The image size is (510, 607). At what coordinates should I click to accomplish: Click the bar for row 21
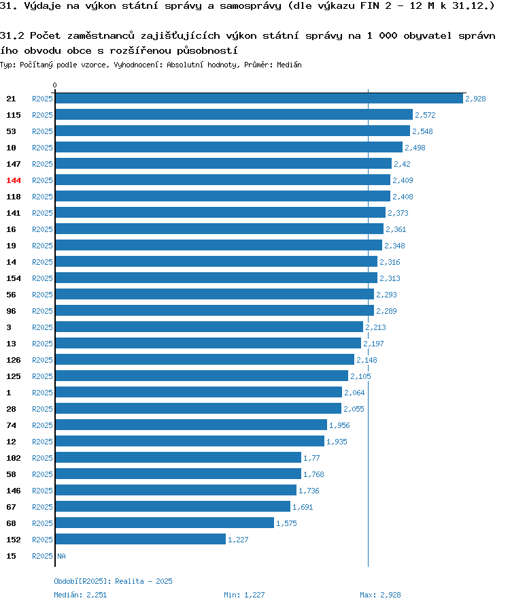pyautogui.click(x=259, y=99)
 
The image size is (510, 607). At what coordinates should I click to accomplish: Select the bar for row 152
pyautogui.click(x=141, y=539)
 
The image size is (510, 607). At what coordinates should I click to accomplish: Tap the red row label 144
pyautogui.click(x=14, y=180)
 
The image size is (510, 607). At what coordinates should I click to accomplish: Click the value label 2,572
pyautogui.click(x=425, y=115)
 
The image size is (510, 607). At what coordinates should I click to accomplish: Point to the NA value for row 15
pyautogui.click(x=61, y=556)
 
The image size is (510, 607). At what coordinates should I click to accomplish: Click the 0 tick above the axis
pyautogui.click(x=54, y=85)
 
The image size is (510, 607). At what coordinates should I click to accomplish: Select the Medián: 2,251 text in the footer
pyautogui.click(x=80, y=595)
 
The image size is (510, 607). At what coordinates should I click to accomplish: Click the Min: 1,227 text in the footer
pyautogui.click(x=244, y=595)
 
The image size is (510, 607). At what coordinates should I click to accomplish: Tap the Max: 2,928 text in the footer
pyautogui.click(x=380, y=595)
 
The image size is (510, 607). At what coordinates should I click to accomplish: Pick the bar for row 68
pyautogui.click(x=165, y=523)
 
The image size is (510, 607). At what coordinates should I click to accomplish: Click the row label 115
pyautogui.click(x=14, y=115)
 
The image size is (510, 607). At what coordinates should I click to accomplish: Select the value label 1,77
pyautogui.click(x=311, y=458)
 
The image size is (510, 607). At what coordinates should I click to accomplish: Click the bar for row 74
pyautogui.click(x=191, y=425)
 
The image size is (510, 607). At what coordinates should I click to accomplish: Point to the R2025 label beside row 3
pyautogui.click(x=42, y=327)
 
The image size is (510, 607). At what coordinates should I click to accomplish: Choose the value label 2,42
pyautogui.click(x=402, y=164)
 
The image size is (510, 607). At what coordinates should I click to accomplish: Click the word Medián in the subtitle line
pyautogui.click(x=289, y=65)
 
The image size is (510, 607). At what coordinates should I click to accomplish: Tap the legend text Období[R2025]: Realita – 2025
pyautogui.click(x=113, y=581)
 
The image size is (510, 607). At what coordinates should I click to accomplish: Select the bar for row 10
pyautogui.click(x=229, y=148)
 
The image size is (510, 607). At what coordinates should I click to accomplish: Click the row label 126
pyautogui.click(x=14, y=360)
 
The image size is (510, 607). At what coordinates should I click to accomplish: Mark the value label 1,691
pyautogui.click(x=303, y=507)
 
